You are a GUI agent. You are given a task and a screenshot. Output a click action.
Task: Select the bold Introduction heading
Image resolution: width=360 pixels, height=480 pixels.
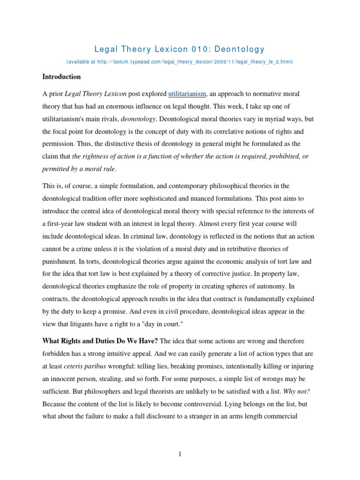[x=61, y=76]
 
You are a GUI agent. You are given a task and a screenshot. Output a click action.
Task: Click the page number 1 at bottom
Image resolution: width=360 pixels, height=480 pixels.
[x=180, y=453]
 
